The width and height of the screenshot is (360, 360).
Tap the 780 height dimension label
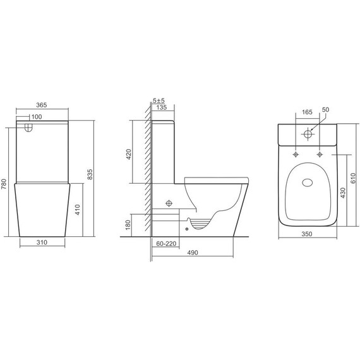[6, 184]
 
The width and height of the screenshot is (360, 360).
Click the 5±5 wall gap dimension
[159, 100]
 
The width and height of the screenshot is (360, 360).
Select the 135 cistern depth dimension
[161, 108]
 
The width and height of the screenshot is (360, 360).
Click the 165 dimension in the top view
[308, 112]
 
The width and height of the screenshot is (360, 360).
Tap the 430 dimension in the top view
[343, 191]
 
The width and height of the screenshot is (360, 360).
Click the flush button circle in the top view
[308, 135]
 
